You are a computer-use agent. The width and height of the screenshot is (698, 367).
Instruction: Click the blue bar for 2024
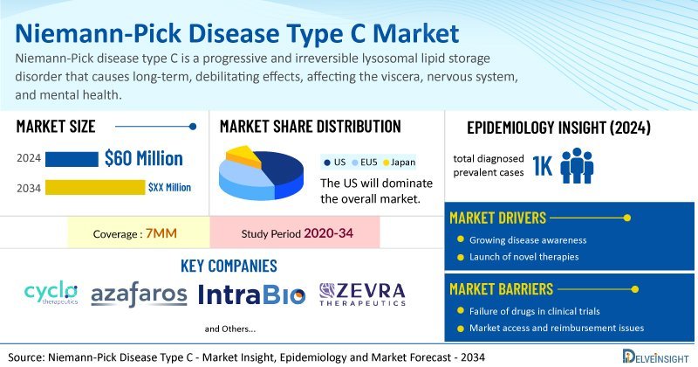tap(72, 159)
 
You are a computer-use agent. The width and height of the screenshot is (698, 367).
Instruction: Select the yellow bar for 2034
tap(95, 187)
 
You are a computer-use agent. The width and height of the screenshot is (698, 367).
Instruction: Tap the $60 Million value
tap(144, 158)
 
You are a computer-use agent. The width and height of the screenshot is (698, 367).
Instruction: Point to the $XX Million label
tap(169, 187)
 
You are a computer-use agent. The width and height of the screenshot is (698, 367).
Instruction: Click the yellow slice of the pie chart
tap(243, 156)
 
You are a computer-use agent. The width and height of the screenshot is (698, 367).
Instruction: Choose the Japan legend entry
tap(399, 163)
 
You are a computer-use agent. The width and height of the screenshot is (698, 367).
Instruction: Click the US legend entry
tap(335, 163)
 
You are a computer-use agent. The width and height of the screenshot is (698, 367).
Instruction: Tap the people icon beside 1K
tap(577, 165)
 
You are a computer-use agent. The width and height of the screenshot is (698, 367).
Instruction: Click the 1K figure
tap(542, 166)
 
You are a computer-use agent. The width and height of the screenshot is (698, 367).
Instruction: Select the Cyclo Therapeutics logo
tap(51, 293)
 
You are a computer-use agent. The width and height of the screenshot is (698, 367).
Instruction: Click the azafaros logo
tap(139, 294)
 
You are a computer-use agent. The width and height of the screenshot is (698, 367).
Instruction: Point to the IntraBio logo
tap(252, 294)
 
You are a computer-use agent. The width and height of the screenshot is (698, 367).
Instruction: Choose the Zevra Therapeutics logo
tap(362, 294)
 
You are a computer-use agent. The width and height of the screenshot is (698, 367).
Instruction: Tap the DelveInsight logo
tap(656, 357)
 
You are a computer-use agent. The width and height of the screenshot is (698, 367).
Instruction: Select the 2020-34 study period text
tap(329, 232)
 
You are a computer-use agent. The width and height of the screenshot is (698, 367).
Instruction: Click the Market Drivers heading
tap(497, 218)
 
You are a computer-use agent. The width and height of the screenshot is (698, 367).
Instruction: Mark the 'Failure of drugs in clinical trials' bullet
tap(529, 311)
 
